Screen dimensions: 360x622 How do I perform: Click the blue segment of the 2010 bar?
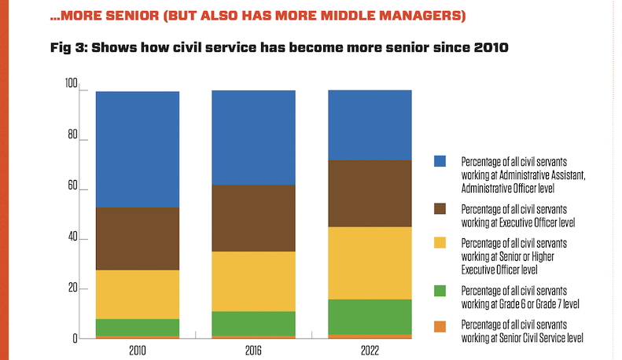(137, 149)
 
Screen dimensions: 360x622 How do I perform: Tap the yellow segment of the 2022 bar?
(369, 263)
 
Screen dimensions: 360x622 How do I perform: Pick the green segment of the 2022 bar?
(369, 317)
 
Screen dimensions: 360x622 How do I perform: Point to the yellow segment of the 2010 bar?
(137, 294)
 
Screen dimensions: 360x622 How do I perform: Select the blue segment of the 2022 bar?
(369, 125)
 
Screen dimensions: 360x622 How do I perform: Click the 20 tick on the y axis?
(73, 288)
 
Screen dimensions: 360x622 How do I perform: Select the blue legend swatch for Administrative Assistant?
(440, 160)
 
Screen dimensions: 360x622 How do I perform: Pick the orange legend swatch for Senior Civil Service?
(440, 325)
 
